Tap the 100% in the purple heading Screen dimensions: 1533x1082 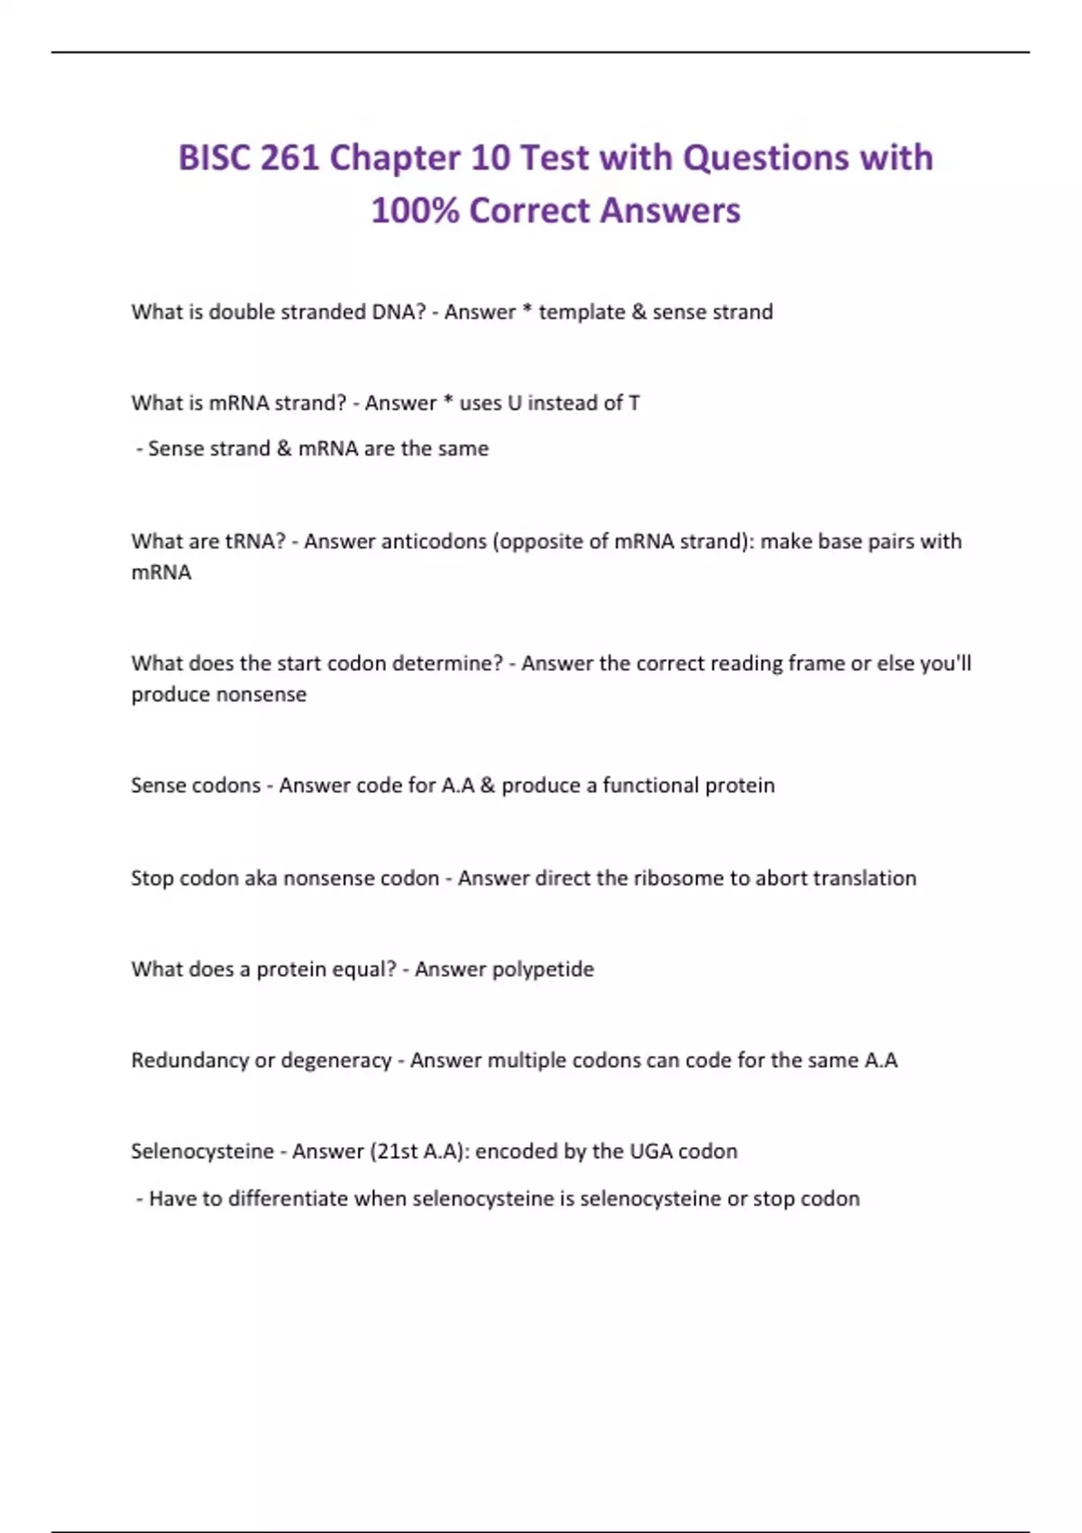415,211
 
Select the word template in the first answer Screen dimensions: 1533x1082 582,312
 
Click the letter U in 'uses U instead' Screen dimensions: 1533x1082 514,403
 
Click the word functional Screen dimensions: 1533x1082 650,785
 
